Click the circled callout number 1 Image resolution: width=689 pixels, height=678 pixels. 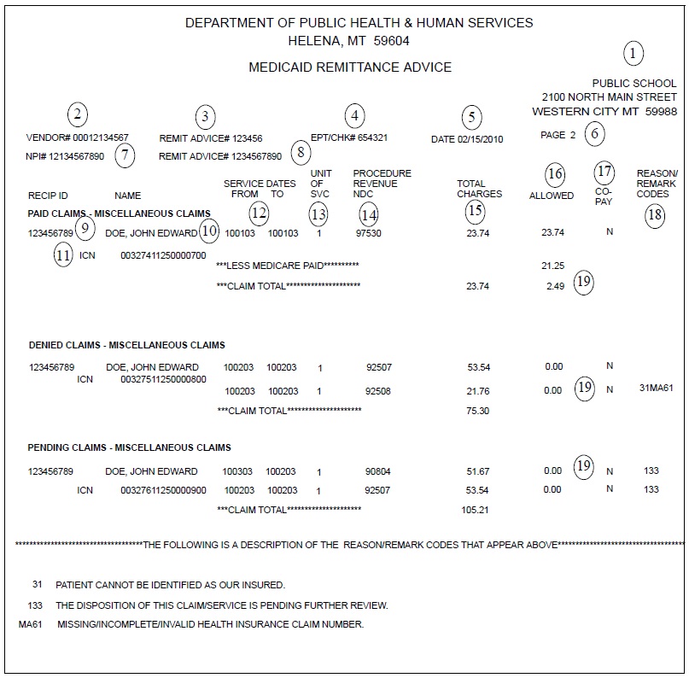click(x=633, y=55)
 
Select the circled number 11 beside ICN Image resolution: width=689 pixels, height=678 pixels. click(x=63, y=254)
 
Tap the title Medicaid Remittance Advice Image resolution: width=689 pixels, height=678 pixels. click(x=349, y=67)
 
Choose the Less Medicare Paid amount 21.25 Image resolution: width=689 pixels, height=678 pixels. click(x=553, y=266)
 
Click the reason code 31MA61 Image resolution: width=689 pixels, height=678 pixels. click(x=656, y=388)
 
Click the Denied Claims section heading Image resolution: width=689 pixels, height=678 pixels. click(x=126, y=345)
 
